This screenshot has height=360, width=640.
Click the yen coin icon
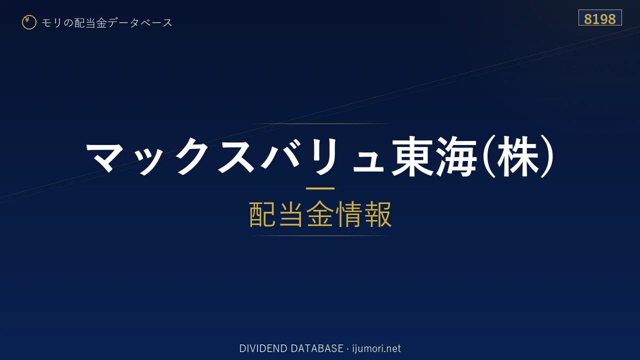(x=29, y=22)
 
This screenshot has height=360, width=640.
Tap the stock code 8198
(x=599, y=19)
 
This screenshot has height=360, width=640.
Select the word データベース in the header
(x=140, y=23)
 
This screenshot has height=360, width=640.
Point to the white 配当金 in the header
(x=90, y=23)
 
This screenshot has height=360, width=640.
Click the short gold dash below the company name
(x=320, y=188)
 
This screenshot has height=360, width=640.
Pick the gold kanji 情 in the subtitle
(x=348, y=214)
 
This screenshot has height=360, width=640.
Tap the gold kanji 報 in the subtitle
(x=377, y=214)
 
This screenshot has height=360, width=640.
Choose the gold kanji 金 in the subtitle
(x=320, y=214)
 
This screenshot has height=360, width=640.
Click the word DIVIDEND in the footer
(x=263, y=348)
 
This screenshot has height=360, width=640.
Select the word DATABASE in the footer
(x=317, y=348)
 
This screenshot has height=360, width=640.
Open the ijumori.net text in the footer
(x=376, y=348)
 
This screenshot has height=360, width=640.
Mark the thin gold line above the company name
(x=320, y=123)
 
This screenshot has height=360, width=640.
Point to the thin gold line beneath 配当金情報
(x=320, y=235)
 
